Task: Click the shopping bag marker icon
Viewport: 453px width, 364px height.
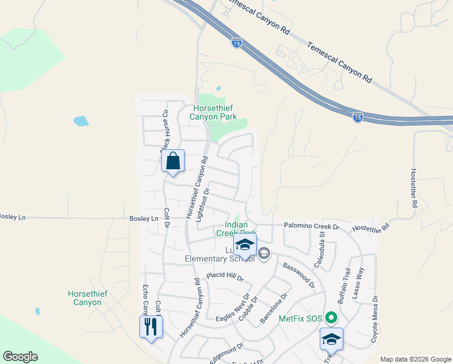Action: pos(173,161)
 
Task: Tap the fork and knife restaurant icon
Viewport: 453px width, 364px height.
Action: pos(150,328)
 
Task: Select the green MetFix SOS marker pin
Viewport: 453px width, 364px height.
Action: pos(330,318)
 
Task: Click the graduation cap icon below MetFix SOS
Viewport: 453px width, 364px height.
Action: pos(331,340)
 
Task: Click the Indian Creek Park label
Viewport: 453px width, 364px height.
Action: pos(236,228)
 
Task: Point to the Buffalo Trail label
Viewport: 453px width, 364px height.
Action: pos(344,288)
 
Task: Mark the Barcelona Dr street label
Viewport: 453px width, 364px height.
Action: pos(272,308)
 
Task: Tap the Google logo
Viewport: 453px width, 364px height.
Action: pos(20,357)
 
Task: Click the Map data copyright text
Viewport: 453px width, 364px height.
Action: pos(415,359)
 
